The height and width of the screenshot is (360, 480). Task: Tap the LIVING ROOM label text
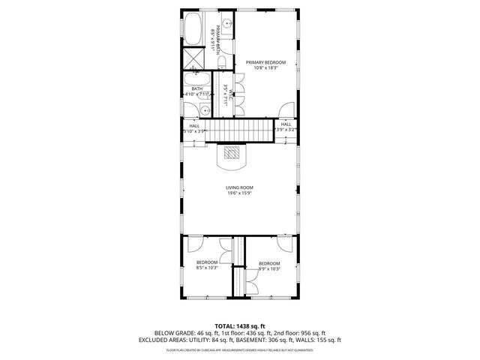(240, 187)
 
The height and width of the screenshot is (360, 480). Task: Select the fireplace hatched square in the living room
(235, 153)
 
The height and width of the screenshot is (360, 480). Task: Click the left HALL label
(194, 125)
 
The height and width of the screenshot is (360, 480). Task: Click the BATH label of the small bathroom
(196, 89)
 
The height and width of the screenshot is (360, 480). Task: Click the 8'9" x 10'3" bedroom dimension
(269, 268)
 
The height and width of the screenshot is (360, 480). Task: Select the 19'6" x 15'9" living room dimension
(240, 193)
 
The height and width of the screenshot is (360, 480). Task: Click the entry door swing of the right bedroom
(284, 244)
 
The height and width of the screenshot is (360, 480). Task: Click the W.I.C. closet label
(234, 94)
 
